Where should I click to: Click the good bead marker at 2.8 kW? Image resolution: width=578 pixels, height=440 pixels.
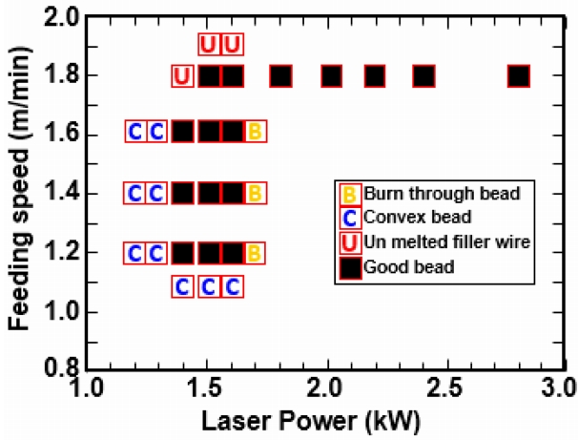tap(518, 75)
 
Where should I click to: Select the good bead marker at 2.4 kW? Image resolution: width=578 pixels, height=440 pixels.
tap(423, 75)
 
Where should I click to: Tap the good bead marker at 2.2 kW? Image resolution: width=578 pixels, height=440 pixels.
tap(375, 75)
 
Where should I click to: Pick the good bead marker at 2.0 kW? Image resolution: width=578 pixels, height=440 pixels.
tap(331, 75)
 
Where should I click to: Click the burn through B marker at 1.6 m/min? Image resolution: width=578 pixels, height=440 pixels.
tap(255, 132)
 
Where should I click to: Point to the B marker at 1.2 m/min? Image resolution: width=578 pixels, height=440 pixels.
tap(255, 253)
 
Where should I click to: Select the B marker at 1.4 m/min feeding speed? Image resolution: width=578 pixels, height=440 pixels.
tap(255, 193)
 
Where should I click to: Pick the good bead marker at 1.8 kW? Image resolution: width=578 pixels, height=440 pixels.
tap(280, 75)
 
